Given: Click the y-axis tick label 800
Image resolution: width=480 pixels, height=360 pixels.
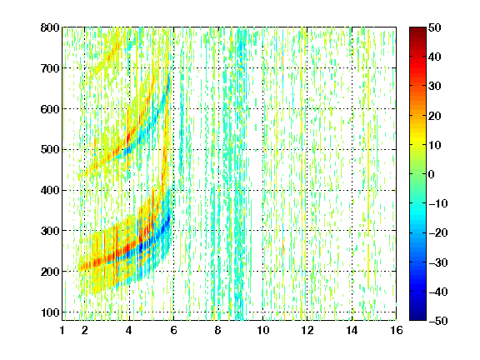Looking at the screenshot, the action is coord(50,27).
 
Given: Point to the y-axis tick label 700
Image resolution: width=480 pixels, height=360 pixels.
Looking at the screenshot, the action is coord(50,68).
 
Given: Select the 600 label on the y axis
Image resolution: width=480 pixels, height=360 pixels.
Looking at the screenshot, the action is coord(50,109).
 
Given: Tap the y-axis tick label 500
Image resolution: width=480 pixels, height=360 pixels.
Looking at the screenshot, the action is coord(50,150).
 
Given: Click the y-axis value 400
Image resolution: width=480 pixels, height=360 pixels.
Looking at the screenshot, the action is coord(50,190).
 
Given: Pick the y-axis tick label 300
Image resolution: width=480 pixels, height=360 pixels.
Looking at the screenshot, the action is coord(50,231).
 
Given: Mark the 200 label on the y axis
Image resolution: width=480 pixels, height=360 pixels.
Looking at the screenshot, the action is coord(50,272).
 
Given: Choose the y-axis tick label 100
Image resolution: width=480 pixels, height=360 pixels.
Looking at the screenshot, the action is coord(50,312).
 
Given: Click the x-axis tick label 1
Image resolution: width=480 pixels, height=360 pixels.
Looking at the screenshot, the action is coord(62,330).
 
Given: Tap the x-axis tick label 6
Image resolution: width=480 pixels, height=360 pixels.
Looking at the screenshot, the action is coord(173,330).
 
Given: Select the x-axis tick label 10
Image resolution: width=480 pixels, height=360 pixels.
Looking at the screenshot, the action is coord(263,330).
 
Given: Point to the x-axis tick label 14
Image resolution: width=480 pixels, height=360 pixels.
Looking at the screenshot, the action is coord(352,330).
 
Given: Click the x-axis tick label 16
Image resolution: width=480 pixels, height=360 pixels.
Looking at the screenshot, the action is coord(397,330).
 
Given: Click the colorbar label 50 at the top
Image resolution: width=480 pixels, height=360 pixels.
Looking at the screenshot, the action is coord(435,27).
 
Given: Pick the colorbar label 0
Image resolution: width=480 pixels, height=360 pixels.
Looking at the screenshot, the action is coord(432,174).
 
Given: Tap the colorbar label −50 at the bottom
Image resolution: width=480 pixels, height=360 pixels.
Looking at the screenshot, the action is coord(438,321).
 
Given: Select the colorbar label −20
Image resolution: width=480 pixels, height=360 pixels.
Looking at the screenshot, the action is coord(438,232).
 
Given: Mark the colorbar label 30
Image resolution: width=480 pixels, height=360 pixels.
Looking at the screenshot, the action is coord(435,87).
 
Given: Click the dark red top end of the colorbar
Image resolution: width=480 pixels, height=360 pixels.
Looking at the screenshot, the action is coord(417,29).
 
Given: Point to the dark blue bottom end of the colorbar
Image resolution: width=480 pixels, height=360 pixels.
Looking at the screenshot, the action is coord(417,318).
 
